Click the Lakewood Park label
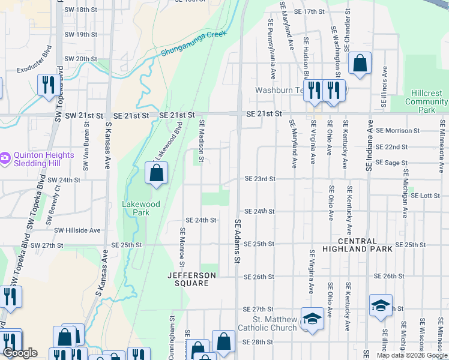point(141,208)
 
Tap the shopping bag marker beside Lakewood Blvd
point(156,174)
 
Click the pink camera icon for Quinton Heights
point(5,158)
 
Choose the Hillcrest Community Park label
point(426,101)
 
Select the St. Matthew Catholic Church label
point(267,323)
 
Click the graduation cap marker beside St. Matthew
point(312,319)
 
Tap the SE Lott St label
point(426,196)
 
